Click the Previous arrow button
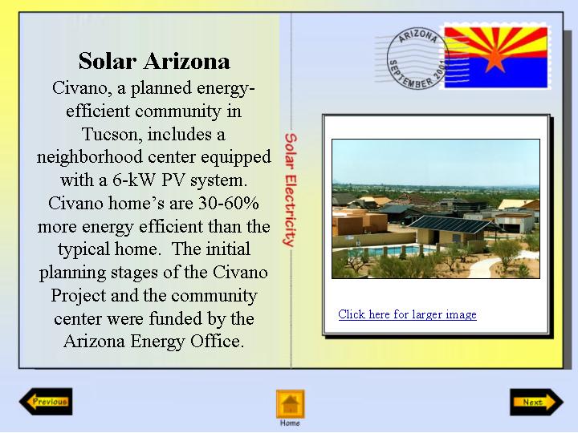46,402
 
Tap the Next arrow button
537,402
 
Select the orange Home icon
291,404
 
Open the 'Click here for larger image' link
407,314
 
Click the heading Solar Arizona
154,61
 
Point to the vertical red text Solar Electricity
291,189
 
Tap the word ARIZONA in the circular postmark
418,36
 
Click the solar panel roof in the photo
451,224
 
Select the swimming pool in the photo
387,251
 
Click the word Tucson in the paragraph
112,134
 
